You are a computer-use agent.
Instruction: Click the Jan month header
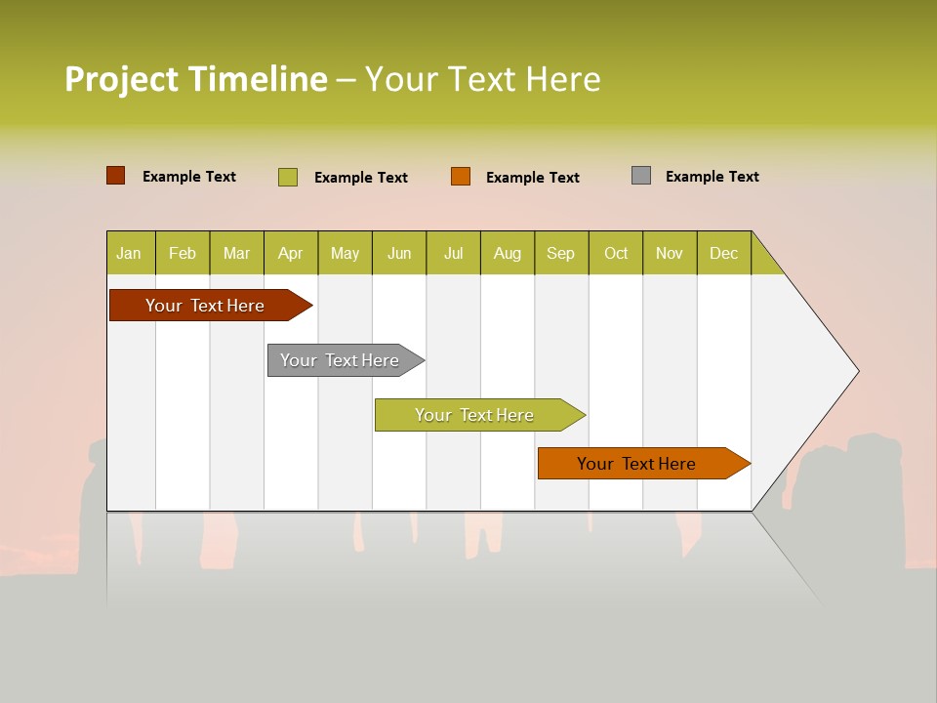coord(130,253)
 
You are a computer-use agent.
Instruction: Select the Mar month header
coord(236,253)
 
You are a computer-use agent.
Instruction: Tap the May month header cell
coord(345,253)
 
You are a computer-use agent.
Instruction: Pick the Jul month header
coord(453,253)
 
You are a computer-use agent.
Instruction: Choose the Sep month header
coord(560,253)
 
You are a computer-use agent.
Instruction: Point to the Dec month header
coord(723,253)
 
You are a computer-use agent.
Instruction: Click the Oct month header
coord(616,253)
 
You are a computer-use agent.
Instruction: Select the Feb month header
coord(183,253)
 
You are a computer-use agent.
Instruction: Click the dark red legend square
coord(116,176)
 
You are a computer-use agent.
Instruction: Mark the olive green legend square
coord(288,177)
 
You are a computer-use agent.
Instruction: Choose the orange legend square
coord(461,177)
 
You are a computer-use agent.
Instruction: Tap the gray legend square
coord(641,176)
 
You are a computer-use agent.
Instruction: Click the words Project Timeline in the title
coord(195,79)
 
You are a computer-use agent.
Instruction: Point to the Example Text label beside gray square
coord(712,177)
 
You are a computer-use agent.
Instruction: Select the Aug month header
coord(507,253)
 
